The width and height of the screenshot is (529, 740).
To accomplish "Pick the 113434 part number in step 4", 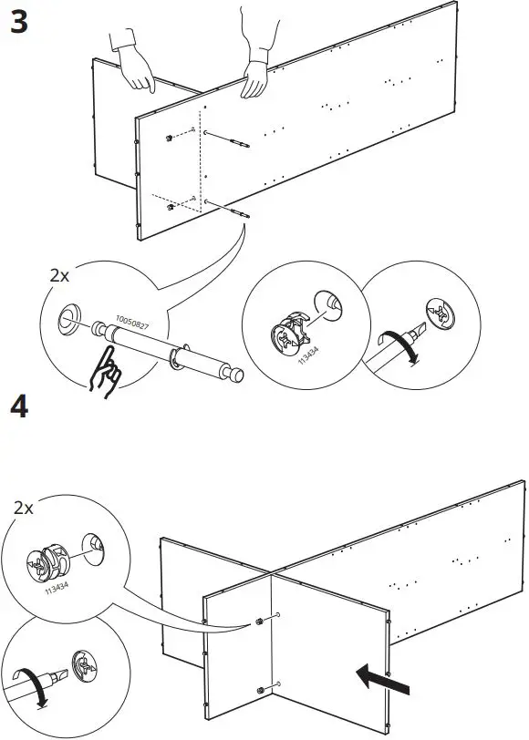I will click(x=58, y=591).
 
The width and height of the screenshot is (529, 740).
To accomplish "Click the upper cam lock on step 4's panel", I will click(x=261, y=621).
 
